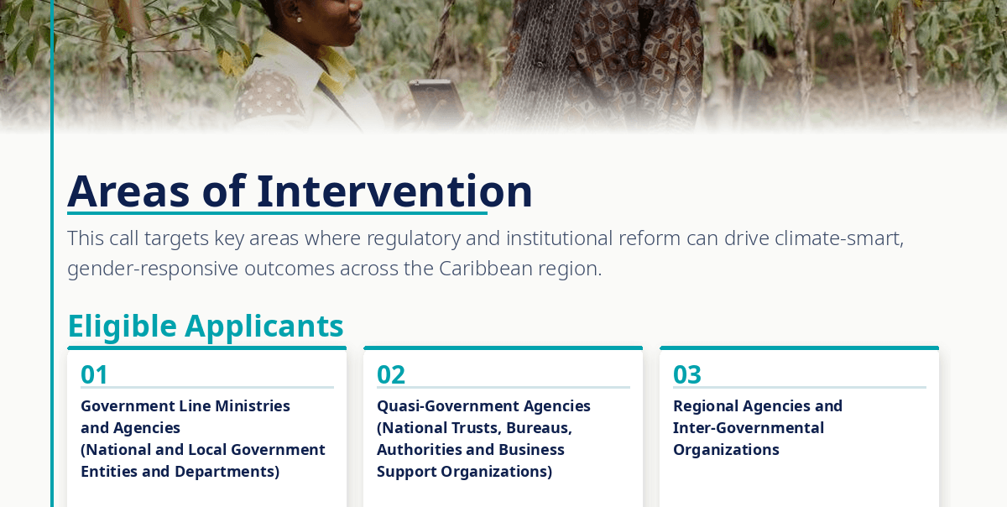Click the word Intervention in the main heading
pyautogui.click(x=394, y=191)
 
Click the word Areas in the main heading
pyautogui.click(x=128, y=191)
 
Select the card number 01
pyautogui.click(x=94, y=374)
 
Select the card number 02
pyautogui.click(x=391, y=374)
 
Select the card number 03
pyautogui.click(x=687, y=374)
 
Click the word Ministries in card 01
pyautogui.click(x=253, y=406)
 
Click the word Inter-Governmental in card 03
pyautogui.click(x=748, y=428)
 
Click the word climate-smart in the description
pyautogui.click(x=839, y=238)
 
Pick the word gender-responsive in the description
pyautogui.click(x=153, y=269)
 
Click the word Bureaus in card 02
pyautogui.click(x=539, y=428)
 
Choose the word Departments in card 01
pyautogui.click(x=227, y=472)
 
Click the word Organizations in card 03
pyautogui.click(x=726, y=450)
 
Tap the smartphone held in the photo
pyautogui.click(x=436, y=103)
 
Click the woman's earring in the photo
pyautogui.click(x=299, y=19)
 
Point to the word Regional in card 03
pyautogui.click(x=705, y=406)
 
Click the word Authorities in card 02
pyautogui.click(x=418, y=450)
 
